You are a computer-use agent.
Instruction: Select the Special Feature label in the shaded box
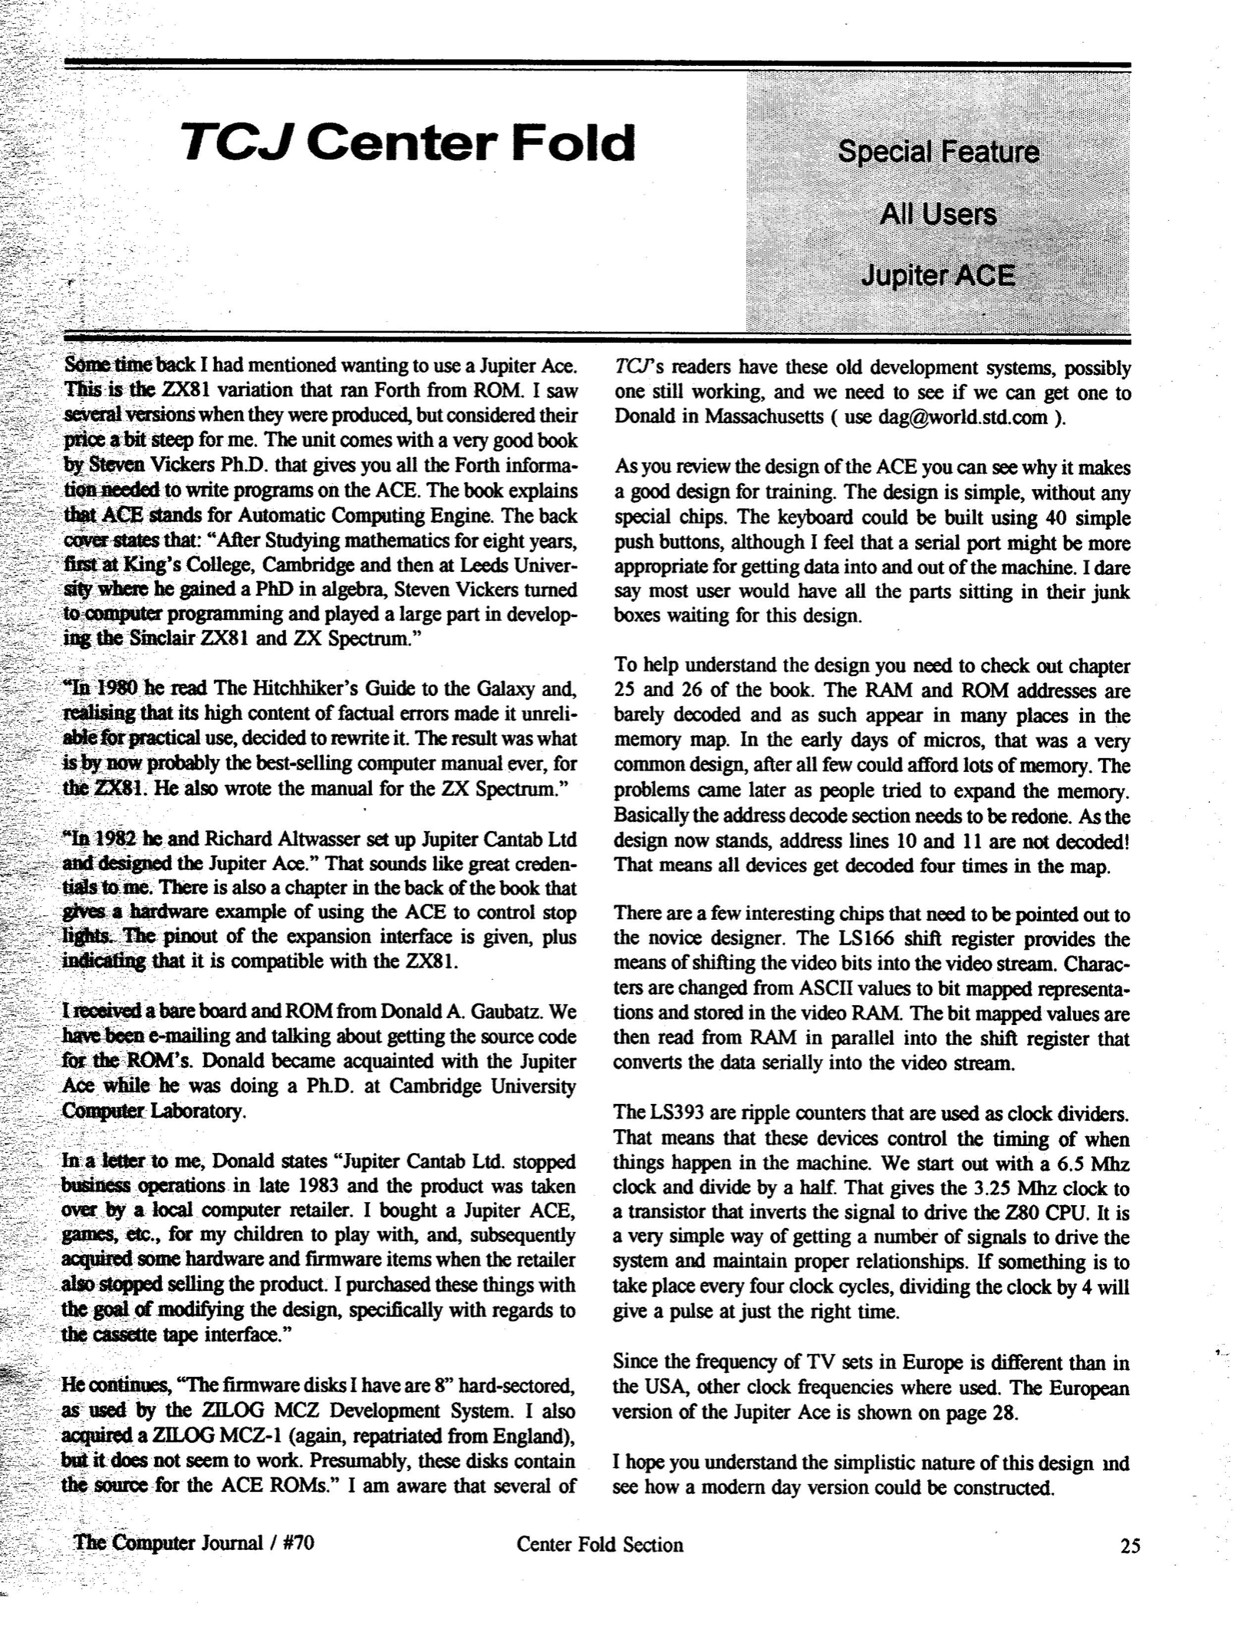click(x=938, y=151)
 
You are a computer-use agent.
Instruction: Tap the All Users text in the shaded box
click(x=938, y=213)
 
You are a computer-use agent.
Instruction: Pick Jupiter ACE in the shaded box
click(x=938, y=274)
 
